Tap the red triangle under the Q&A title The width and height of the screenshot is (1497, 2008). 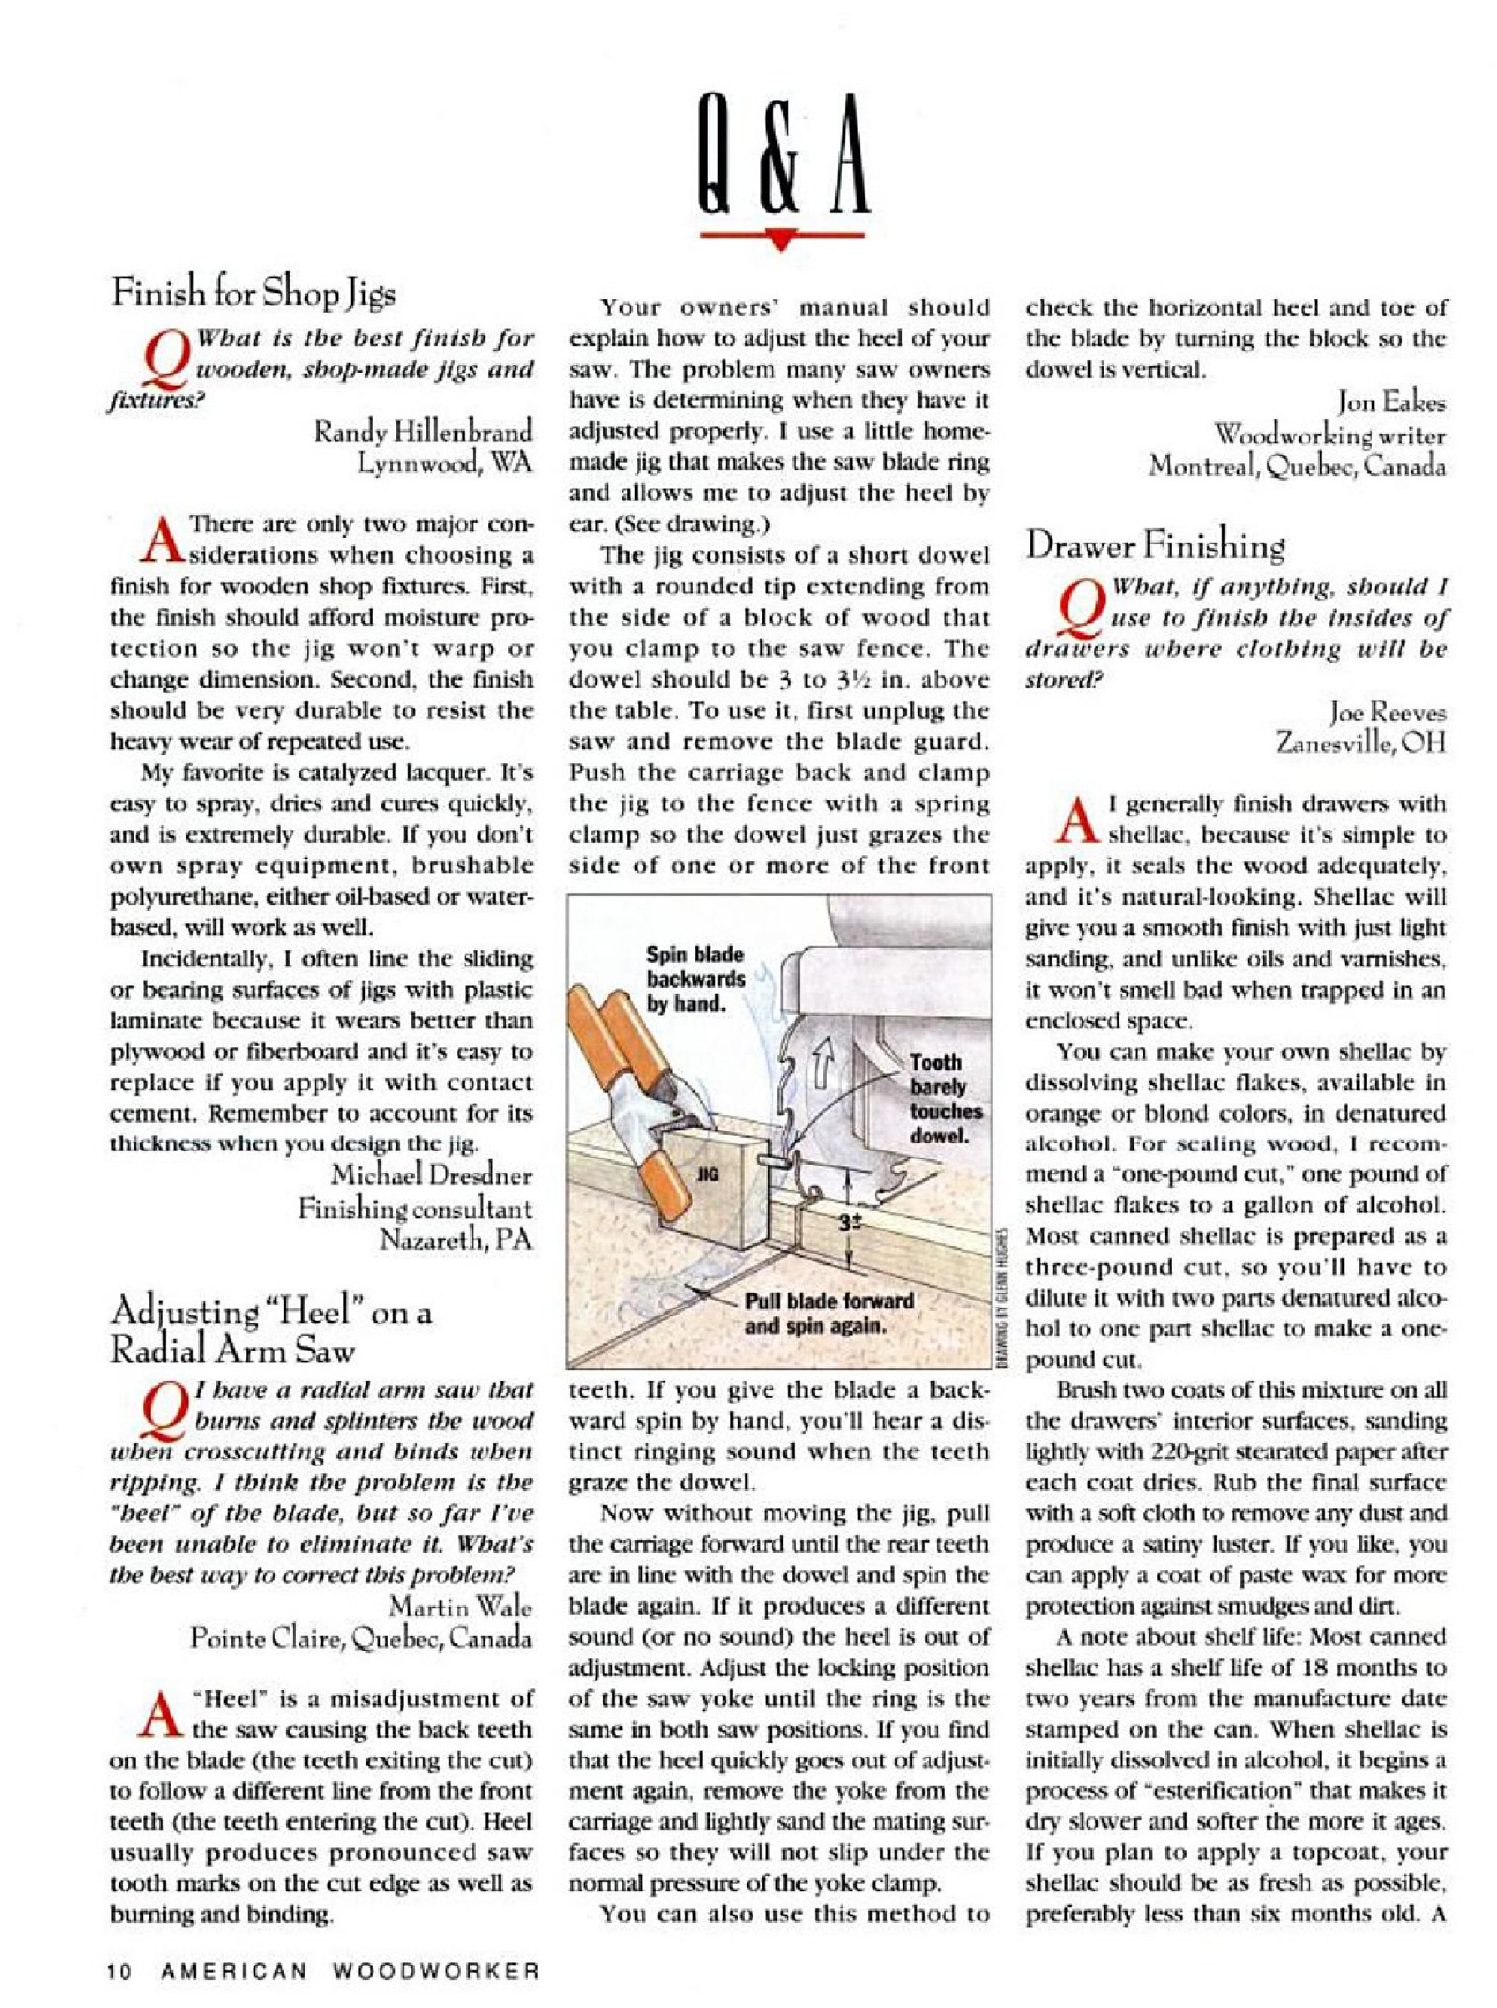[780, 238]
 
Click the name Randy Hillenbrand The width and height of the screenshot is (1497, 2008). [422, 429]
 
